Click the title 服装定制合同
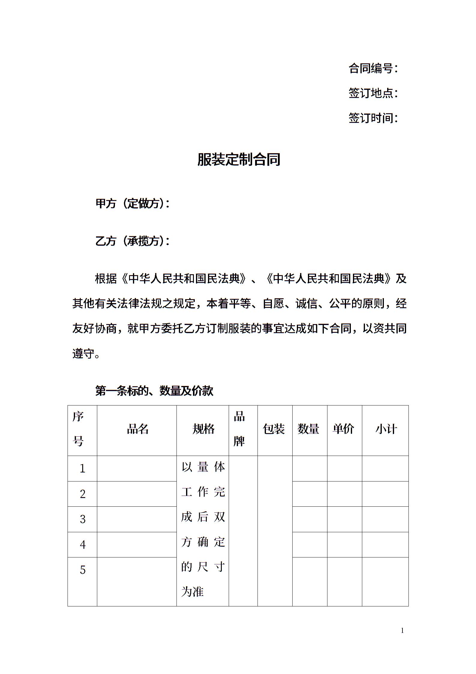(239, 159)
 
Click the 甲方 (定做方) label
(132, 204)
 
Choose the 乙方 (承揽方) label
(132, 241)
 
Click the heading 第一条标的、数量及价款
(154, 391)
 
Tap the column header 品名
(138, 429)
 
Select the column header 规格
(203, 429)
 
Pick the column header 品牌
(239, 429)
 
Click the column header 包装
(274, 429)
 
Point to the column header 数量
(308, 429)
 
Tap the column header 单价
(343, 429)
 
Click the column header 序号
(78, 429)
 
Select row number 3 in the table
(83, 519)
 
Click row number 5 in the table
(83, 570)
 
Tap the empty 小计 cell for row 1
(385, 469)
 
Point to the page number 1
(402, 630)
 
